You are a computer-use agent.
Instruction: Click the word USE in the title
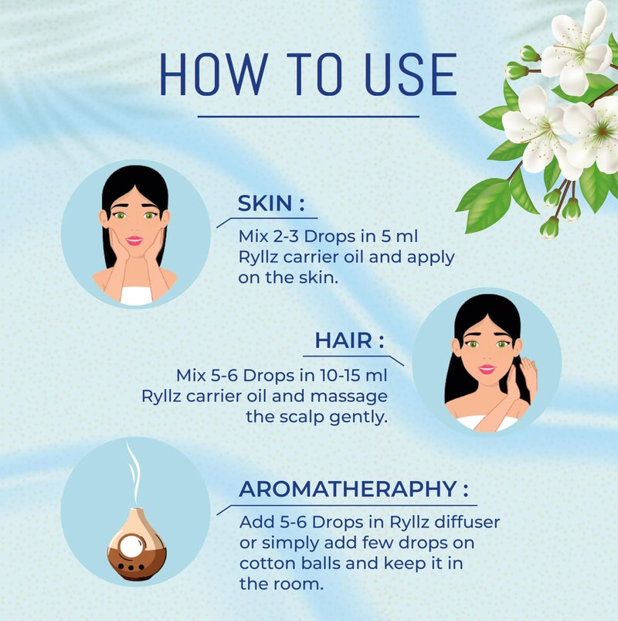point(410,75)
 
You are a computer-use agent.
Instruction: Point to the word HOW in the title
point(214,75)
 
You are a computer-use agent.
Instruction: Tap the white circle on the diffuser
point(131,545)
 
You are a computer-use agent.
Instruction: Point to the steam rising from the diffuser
point(134,473)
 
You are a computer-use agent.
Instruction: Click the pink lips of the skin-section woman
point(134,241)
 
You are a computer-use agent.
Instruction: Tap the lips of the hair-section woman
point(487,369)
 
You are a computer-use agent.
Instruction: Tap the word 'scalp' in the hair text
point(302,417)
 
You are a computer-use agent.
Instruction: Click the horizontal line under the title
point(308,117)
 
